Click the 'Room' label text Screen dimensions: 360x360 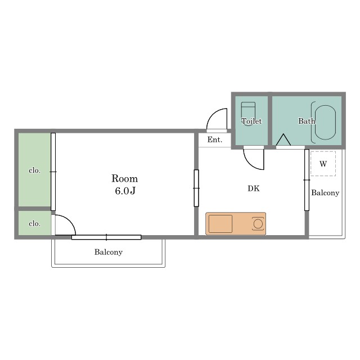pyautogui.click(x=124, y=179)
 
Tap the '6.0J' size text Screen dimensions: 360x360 pyautogui.click(x=125, y=191)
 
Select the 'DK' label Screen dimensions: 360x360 pyautogui.click(x=254, y=188)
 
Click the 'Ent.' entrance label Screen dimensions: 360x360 pyautogui.click(x=215, y=139)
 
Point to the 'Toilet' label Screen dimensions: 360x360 pyautogui.click(x=251, y=121)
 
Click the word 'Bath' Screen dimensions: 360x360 pyautogui.click(x=307, y=121)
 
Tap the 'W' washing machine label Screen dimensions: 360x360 pyautogui.click(x=323, y=164)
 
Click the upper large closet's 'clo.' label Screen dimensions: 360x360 pyautogui.click(x=35, y=170)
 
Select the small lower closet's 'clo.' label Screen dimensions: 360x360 pyautogui.click(x=35, y=223)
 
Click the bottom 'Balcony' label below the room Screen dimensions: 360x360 pyautogui.click(x=109, y=252)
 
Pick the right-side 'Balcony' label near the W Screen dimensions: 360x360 pyautogui.click(x=325, y=193)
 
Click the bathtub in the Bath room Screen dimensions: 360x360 pyautogui.click(x=325, y=123)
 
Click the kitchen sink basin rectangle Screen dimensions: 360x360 pyautogui.click(x=220, y=224)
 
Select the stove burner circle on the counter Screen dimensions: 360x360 pyautogui.click(x=258, y=224)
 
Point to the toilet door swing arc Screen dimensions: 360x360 pyautogui.click(x=250, y=164)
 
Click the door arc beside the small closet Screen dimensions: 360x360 pyautogui.click(x=70, y=220)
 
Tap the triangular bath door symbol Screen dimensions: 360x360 pyautogui.click(x=283, y=139)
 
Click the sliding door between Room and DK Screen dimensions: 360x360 pyautogui.click(x=196, y=188)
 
